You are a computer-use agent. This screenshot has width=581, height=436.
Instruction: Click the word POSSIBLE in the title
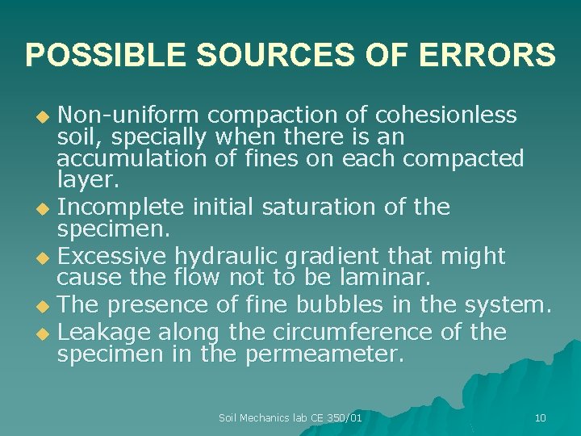[x=107, y=55]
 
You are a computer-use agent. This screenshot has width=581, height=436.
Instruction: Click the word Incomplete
[x=123, y=208]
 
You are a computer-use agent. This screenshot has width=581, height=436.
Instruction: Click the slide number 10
[x=540, y=417]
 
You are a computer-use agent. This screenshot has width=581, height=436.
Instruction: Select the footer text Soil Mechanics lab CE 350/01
[x=290, y=417]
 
